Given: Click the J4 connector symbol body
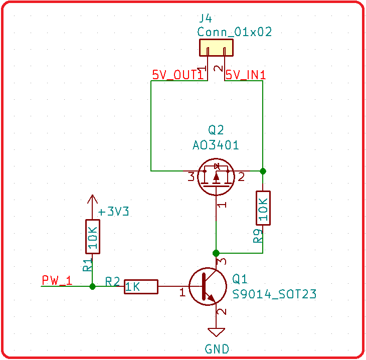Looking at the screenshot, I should tap(216, 48).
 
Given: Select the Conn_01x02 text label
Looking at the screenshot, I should tap(235, 32).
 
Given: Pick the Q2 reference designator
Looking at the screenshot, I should tap(216, 130).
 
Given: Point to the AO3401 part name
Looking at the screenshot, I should tap(216, 145).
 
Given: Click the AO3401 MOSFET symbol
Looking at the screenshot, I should tap(216, 176).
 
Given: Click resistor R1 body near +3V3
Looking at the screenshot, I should tap(92, 236).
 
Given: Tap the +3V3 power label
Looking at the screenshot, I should tap(114, 212).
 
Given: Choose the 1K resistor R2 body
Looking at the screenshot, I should tap(141, 287).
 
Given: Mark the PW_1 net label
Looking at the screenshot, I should tap(57, 281).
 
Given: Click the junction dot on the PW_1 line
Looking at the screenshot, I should tap(92, 287).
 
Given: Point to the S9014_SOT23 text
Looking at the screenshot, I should tap(275, 294).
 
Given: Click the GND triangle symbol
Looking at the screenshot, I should tap(217, 332).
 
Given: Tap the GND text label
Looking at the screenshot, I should tap(217, 349).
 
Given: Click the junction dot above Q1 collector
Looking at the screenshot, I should tap(216, 252).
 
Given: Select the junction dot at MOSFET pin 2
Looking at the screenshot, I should tap(263, 171).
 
